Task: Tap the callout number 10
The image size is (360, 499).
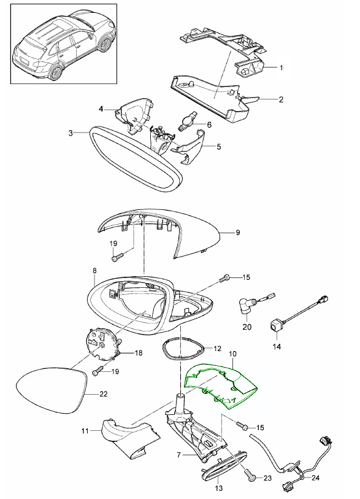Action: click(232, 355)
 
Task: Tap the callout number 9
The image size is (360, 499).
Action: click(239, 233)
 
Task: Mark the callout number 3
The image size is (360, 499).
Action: click(71, 133)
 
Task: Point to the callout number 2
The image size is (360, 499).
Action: click(281, 99)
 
